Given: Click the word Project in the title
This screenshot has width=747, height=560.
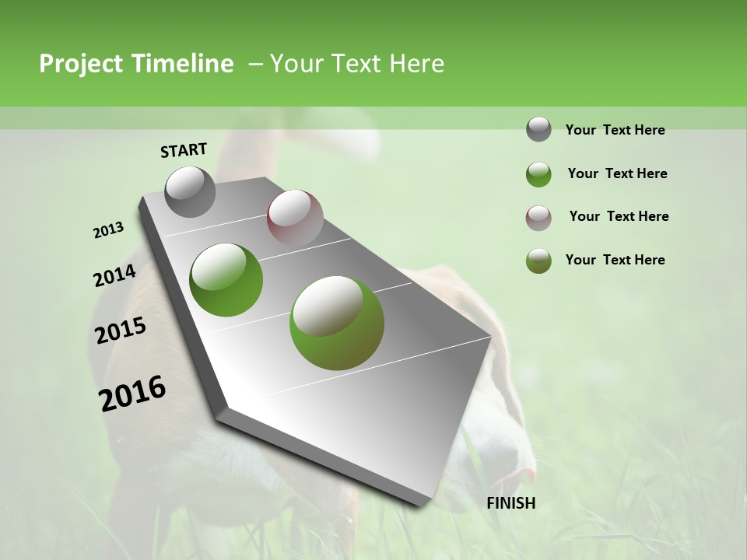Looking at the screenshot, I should coord(80,64).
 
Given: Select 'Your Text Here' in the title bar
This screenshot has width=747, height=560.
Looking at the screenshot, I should coord(356,64).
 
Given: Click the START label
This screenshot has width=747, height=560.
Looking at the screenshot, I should coord(184,150).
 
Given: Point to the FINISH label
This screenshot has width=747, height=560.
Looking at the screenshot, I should coord(511,503).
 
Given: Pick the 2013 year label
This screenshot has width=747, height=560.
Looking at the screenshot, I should coord(109,230).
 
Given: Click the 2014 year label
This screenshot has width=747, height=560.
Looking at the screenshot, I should coord(114,275).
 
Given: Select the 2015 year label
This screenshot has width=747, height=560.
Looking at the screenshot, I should coord(121,331).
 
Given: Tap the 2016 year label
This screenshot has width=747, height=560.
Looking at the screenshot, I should coord(132,393).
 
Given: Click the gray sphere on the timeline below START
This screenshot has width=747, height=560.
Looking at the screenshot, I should coord(190,191).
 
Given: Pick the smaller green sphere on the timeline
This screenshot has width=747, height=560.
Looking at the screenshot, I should coord(226,279).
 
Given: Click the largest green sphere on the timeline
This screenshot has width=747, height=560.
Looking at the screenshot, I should coord(337,322).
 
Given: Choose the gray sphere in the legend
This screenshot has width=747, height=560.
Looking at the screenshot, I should coord(538,129).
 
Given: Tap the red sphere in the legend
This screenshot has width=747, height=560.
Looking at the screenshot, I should coord(538,218).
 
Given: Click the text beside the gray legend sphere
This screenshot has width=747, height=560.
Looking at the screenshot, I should coord(615,131).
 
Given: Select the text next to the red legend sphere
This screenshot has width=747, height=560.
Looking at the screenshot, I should coord(619,216).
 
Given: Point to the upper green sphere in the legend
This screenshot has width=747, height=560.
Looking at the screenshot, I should coord(538,174).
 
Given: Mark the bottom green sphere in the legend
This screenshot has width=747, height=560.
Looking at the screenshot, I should coord(538,261).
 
